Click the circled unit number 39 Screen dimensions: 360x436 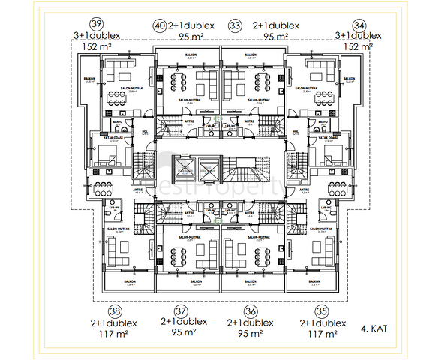coord(96,23)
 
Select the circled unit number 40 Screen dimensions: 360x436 coord(159,25)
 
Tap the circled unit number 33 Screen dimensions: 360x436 coord(236,25)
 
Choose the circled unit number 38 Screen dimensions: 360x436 coord(114,310)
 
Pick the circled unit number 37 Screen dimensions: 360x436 coord(179,310)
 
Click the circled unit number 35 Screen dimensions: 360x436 coord(323,310)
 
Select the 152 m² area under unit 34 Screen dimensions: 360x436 coord(358,47)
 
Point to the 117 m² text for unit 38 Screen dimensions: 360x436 coord(113,334)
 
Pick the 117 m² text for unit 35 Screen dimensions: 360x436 coord(323,334)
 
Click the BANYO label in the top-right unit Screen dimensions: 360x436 coord(323,120)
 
